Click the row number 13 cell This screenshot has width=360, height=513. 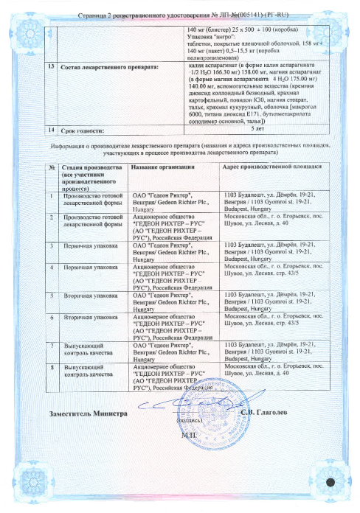pos(50,66)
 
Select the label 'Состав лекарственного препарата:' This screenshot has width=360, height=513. pos(97,66)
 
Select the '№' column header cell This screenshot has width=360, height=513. pos(53,167)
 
